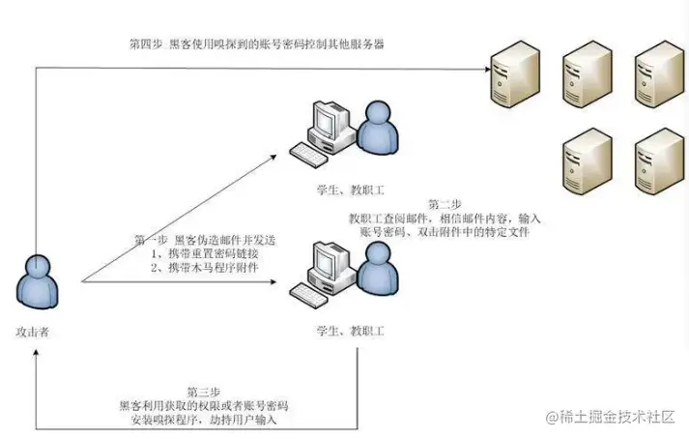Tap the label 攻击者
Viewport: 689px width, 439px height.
point(33,331)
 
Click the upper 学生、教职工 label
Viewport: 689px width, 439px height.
point(350,183)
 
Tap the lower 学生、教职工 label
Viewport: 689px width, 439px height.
point(350,331)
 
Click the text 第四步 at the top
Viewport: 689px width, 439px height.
point(147,44)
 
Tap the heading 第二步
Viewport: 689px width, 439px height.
point(445,204)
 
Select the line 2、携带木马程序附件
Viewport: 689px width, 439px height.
point(206,266)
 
